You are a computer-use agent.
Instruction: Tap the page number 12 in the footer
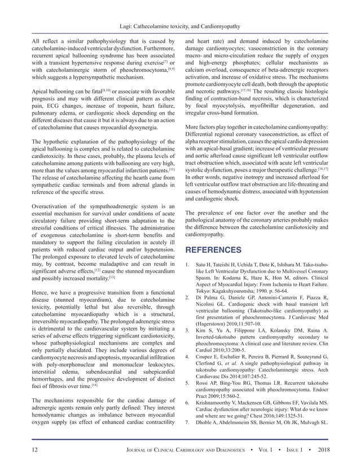point(20,449)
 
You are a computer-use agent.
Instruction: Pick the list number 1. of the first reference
point(188,264)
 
